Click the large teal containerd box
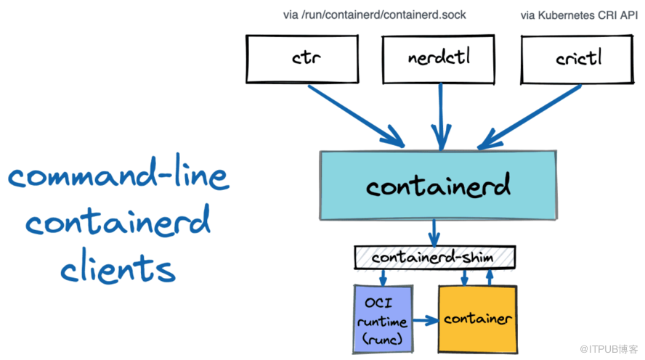click(x=438, y=185)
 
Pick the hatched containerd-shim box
click(x=434, y=258)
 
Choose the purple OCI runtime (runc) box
click(x=382, y=318)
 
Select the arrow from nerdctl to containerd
click(x=439, y=116)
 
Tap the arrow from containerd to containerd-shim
click(x=434, y=233)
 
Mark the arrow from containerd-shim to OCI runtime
click(x=383, y=277)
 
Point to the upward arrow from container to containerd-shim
click(x=490, y=277)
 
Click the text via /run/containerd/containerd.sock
click(x=374, y=15)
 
